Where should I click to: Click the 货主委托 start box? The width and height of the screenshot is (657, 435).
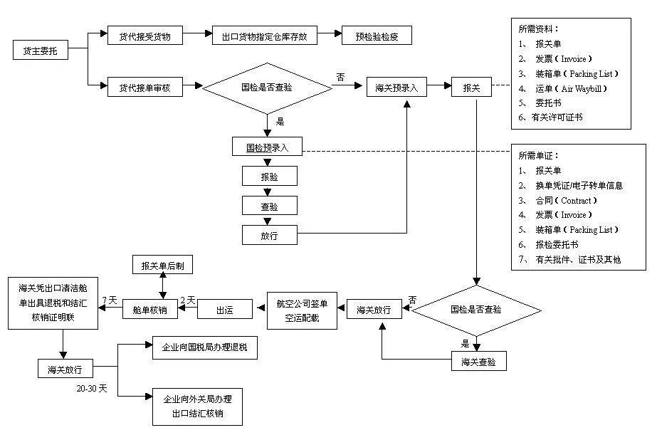point(41,51)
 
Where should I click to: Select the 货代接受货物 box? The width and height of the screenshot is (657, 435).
point(145,36)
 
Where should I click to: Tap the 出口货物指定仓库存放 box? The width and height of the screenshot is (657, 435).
point(264,36)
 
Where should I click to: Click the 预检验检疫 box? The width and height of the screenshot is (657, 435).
point(377,36)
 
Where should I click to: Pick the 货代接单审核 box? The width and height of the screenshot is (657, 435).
point(145,88)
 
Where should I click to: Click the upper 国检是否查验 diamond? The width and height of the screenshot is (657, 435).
point(267,88)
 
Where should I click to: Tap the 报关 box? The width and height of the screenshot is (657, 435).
point(471,88)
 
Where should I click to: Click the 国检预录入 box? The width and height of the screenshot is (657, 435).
point(268,148)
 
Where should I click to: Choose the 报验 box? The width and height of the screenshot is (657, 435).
point(269,175)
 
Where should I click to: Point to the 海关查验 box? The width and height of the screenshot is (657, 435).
point(479,362)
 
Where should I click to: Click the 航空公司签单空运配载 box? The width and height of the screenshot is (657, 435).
point(298,310)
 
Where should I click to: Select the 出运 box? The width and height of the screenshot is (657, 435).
point(224,310)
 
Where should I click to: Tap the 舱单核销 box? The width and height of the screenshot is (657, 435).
point(149,310)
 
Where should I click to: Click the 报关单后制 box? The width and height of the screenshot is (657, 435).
point(163,266)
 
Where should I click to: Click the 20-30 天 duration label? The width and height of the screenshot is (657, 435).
point(92,389)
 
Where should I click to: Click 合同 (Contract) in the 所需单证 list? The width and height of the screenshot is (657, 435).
point(562,200)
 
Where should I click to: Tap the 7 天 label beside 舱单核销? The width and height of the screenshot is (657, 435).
point(110,300)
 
